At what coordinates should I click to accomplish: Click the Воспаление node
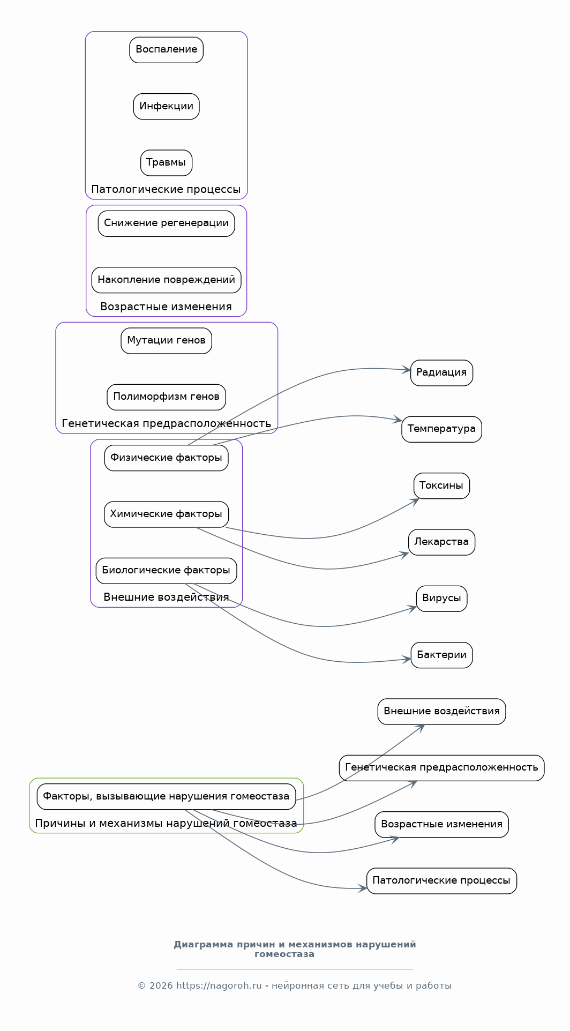(x=166, y=50)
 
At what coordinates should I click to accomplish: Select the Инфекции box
(x=166, y=106)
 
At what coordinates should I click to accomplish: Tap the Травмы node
(x=166, y=163)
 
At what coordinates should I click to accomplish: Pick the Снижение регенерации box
(x=166, y=223)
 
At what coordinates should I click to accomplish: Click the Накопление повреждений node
(x=166, y=280)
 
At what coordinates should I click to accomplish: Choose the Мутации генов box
(x=166, y=341)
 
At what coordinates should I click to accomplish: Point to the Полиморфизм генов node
(x=166, y=397)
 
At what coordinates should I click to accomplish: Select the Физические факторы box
(x=166, y=458)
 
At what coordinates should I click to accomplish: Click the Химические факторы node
(x=166, y=514)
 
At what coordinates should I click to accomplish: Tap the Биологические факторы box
(x=166, y=571)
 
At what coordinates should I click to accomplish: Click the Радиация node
(x=441, y=373)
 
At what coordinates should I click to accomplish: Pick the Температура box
(x=441, y=429)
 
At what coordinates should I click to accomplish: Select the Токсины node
(x=441, y=486)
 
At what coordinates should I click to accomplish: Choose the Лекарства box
(x=441, y=542)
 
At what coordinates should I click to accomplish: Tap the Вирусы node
(x=441, y=599)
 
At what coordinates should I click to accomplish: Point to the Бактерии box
(x=441, y=655)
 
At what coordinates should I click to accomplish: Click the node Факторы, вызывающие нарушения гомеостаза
(x=166, y=797)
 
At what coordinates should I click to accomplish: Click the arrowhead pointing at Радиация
(x=407, y=370)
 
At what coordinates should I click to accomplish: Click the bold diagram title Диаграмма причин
(x=295, y=949)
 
